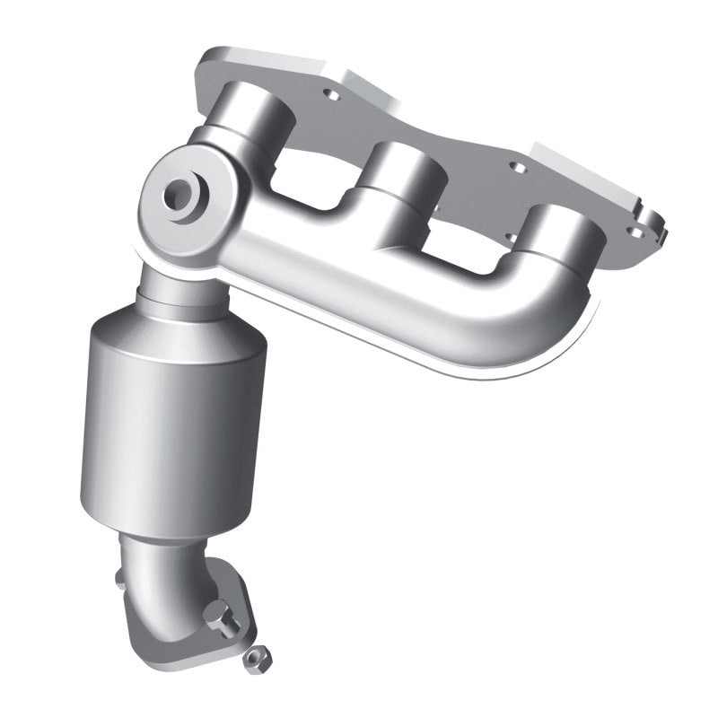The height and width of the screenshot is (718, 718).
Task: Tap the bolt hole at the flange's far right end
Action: [x=635, y=232]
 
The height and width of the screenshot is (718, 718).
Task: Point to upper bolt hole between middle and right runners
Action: [x=517, y=166]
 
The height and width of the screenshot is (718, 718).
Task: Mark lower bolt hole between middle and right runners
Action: [x=509, y=236]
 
